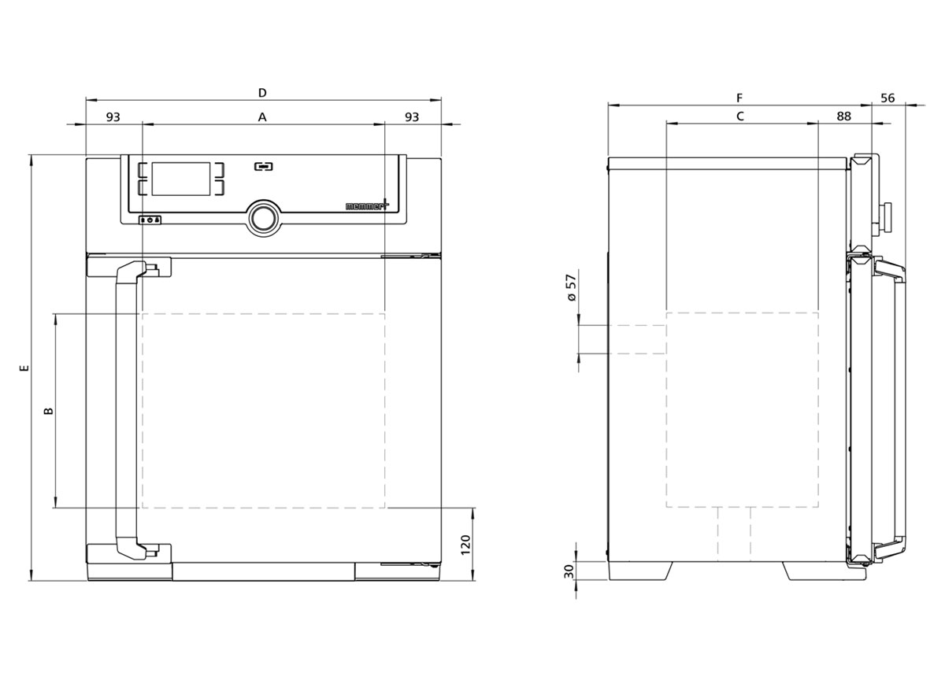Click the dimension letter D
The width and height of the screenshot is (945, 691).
(x=262, y=92)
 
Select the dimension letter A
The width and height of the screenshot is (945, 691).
(x=262, y=116)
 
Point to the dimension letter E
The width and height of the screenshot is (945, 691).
(x=24, y=368)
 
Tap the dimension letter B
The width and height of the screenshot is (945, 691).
(x=49, y=411)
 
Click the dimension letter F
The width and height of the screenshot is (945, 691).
(x=739, y=98)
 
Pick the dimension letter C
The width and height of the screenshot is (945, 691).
(x=740, y=116)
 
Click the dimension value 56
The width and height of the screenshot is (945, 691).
(x=888, y=98)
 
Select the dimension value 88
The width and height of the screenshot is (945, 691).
(x=843, y=116)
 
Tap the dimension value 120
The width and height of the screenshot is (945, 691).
(x=465, y=545)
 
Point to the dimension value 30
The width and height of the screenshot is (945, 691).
(x=569, y=571)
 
